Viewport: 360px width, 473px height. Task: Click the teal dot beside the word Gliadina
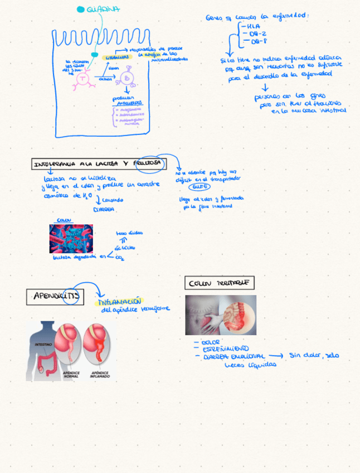[81, 9]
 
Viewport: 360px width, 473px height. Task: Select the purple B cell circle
[127, 79]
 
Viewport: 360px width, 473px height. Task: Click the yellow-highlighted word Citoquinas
[118, 57]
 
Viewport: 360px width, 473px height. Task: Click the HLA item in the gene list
[253, 26]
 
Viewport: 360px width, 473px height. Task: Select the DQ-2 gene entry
[257, 33]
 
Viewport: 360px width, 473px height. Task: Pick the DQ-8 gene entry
[257, 41]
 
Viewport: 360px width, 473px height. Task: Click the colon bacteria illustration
[71, 239]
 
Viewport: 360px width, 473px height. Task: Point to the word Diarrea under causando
[104, 209]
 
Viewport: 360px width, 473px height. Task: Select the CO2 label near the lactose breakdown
[120, 257]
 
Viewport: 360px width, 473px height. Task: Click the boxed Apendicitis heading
[55, 296]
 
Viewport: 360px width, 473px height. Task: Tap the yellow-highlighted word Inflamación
[120, 301]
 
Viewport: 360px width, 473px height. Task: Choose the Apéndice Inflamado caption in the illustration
[100, 374]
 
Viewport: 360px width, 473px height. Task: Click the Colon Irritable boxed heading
[219, 283]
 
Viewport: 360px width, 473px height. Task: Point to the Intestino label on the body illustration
[43, 345]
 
